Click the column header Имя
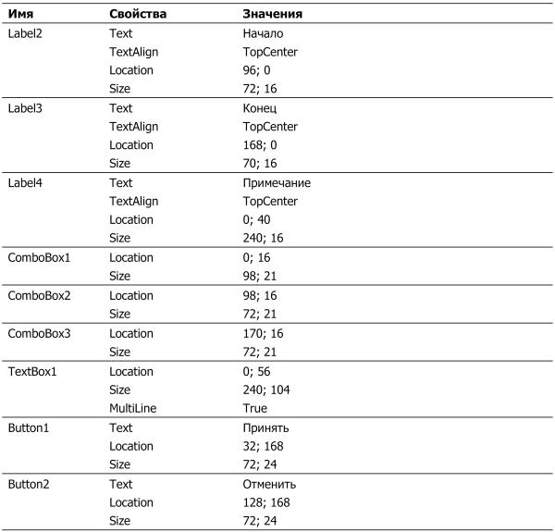coord(22,15)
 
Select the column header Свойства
coord(139,15)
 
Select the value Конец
coord(260,108)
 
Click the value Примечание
coord(277,183)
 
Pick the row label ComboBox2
coord(40,296)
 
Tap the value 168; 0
coord(259,145)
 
